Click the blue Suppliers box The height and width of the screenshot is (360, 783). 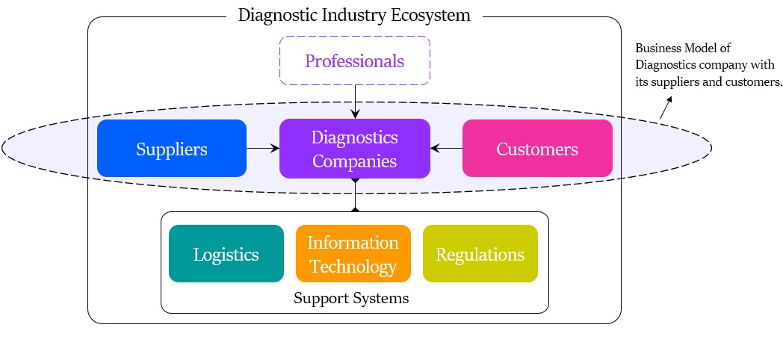point(171,149)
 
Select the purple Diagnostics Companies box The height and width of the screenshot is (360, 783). point(354,149)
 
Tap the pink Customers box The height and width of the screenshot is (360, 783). point(537,149)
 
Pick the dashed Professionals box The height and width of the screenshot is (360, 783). point(354,60)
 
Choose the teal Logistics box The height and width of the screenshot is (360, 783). point(226,254)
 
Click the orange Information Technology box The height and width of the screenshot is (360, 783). point(353,254)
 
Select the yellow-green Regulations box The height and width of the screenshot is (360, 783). point(480,254)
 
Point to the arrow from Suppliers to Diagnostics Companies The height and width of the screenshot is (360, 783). point(262,149)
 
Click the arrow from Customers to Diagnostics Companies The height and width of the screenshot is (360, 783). point(447,149)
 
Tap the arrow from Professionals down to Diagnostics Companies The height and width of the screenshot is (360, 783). point(355,101)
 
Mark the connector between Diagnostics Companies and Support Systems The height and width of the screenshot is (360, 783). point(355,195)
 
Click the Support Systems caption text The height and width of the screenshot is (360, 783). point(351,299)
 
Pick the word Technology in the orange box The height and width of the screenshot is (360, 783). point(353,267)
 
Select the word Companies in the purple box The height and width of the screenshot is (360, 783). point(354,161)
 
